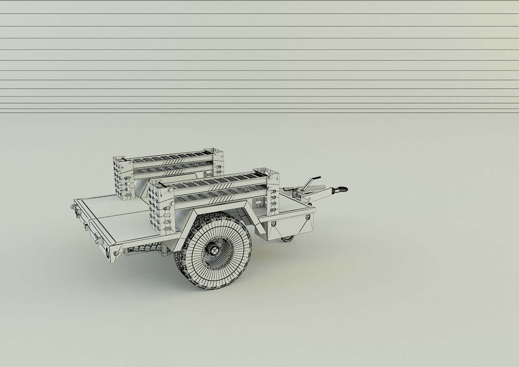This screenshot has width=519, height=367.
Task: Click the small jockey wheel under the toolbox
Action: tap(287, 239)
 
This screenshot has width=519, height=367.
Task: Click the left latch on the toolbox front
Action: tap(273, 224)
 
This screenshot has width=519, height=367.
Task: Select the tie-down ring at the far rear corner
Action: tap(73, 206)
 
